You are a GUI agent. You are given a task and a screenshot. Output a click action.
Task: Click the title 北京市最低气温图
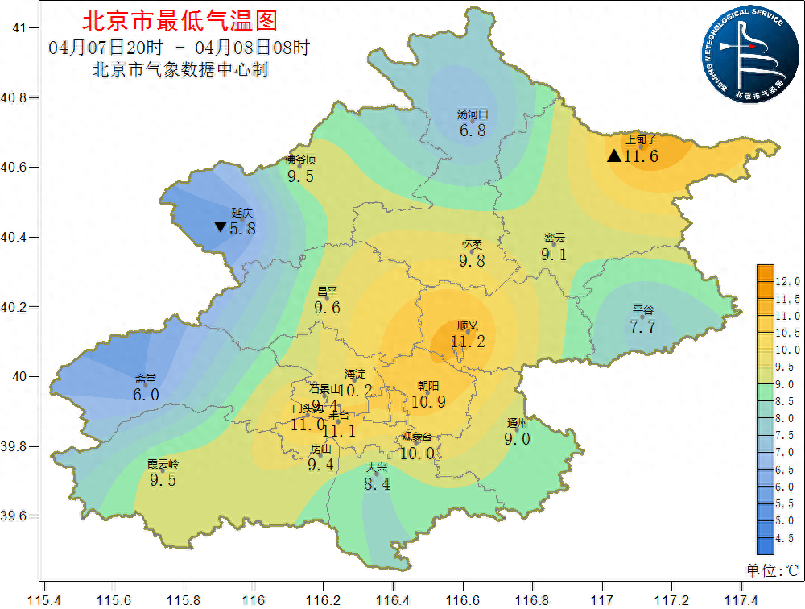[x=180, y=19]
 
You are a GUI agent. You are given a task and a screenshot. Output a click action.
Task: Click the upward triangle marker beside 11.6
[x=614, y=155]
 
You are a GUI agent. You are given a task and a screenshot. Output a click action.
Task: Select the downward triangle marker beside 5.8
[x=220, y=227]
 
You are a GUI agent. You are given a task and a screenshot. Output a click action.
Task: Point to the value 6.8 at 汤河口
[x=473, y=130]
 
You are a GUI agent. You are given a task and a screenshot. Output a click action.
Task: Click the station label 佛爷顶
[x=300, y=159]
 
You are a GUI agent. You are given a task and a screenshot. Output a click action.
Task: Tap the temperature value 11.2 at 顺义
[x=468, y=342]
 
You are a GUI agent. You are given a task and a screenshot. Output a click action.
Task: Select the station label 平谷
[x=643, y=310]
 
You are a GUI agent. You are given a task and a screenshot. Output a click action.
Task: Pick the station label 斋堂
[x=146, y=379]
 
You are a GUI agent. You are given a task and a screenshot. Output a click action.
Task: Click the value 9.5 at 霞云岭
[x=163, y=481]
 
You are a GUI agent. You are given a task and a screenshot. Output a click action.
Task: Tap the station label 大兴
[x=377, y=468]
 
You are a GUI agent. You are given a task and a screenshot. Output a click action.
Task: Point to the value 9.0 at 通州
[x=517, y=439]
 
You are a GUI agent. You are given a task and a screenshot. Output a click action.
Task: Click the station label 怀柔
[x=473, y=245]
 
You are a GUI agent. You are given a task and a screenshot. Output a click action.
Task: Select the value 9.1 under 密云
[x=554, y=255]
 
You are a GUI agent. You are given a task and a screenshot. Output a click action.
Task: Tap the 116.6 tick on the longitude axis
[x=464, y=599]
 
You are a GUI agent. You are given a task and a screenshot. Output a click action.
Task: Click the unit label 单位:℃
[x=771, y=570]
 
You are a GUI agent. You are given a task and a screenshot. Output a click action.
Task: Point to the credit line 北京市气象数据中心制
[x=180, y=70]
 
